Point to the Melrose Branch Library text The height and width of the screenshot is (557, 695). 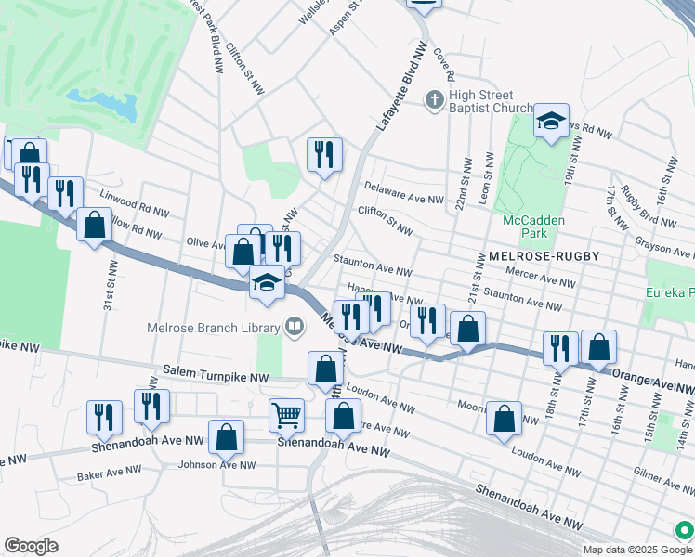point(213,328)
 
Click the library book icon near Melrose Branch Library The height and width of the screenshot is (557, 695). point(295,326)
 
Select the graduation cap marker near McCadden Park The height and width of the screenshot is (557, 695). point(551,121)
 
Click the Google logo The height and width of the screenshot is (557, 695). point(31,546)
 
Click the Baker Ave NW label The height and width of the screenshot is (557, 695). point(110,473)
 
